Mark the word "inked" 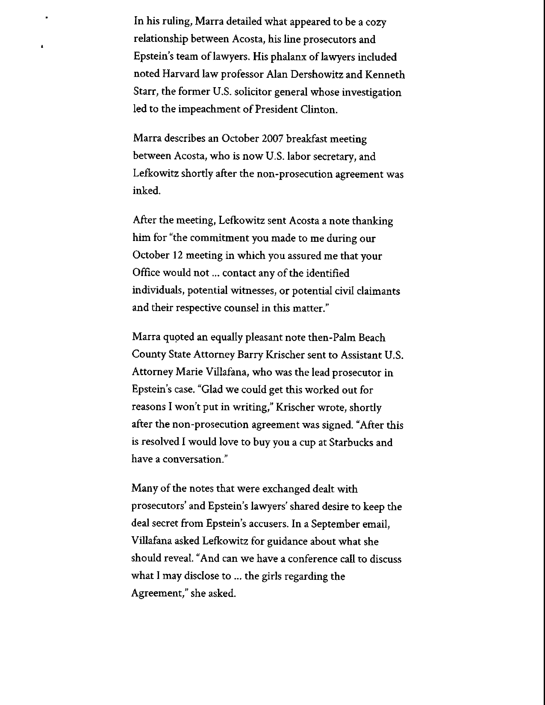tap(147, 191)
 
